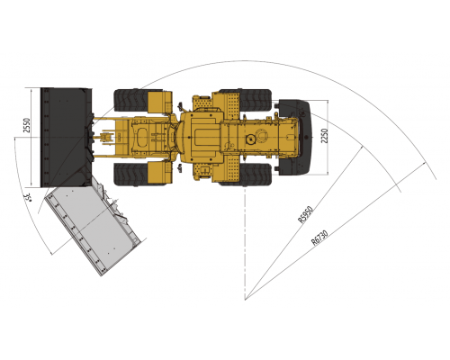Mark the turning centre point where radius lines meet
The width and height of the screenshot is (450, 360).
(x=245, y=297)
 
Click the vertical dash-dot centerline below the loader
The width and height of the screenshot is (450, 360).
(x=245, y=243)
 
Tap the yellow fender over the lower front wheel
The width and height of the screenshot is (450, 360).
(x=159, y=172)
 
